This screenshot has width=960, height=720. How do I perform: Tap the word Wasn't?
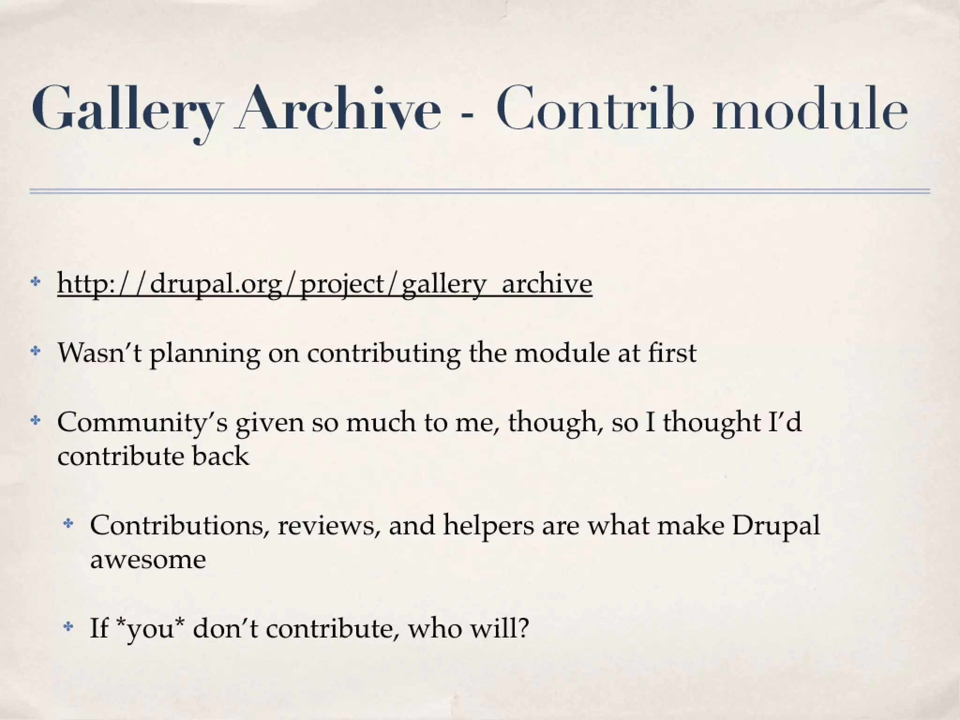[99, 353]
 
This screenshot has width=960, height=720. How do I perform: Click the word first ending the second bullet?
[672, 353]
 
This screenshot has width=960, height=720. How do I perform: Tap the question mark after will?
[523, 628]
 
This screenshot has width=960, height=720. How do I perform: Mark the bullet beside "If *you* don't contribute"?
[68, 627]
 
